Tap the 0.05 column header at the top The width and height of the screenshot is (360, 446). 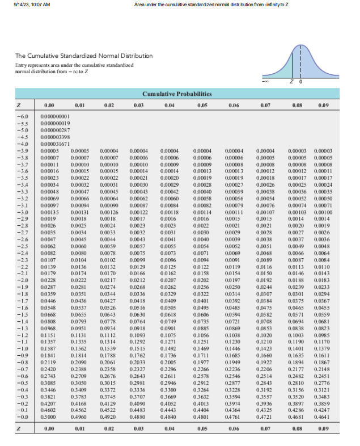coord(201,105)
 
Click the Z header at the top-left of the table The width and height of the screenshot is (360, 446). coord(19,105)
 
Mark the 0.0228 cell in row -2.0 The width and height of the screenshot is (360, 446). coord(49,280)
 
